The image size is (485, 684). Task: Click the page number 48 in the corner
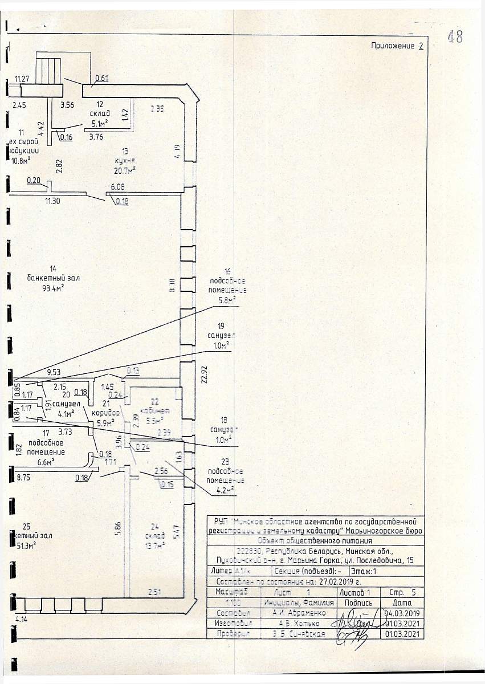coord(454,36)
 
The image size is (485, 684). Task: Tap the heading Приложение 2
coord(397,46)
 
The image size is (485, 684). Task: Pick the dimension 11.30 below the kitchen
coord(52,201)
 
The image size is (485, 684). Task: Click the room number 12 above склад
coord(100,104)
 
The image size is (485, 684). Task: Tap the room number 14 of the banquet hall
coord(53,268)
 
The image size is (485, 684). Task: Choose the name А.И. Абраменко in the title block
coord(299,613)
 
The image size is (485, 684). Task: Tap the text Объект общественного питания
coord(315,540)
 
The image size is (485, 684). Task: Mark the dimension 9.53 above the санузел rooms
coord(54,372)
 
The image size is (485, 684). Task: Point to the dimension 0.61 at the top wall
coord(101,78)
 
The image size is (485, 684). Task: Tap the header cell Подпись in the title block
coord(358,602)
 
